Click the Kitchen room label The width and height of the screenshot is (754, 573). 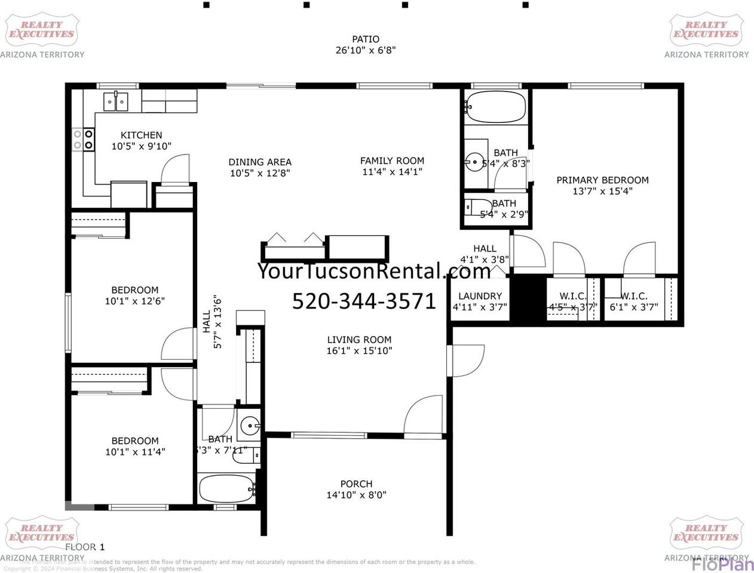click(141, 135)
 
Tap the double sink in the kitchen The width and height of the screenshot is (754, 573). click(116, 101)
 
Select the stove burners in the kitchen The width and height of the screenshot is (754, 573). click(83, 140)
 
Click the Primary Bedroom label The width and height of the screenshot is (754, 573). click(602, 180)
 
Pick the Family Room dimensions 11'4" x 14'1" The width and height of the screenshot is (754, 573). click(392, 172)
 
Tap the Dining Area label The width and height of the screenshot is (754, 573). click(260, 162)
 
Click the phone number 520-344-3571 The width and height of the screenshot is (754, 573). click(364, 301)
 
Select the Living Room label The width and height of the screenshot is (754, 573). click(359, 340)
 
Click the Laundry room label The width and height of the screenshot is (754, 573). click(480, 296)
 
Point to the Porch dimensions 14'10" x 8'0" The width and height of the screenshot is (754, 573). click(356, 495)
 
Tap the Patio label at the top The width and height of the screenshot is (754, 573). click(365, 39)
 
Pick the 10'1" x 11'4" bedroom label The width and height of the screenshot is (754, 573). click(135, 446)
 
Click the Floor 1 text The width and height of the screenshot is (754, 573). click(85, 547)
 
